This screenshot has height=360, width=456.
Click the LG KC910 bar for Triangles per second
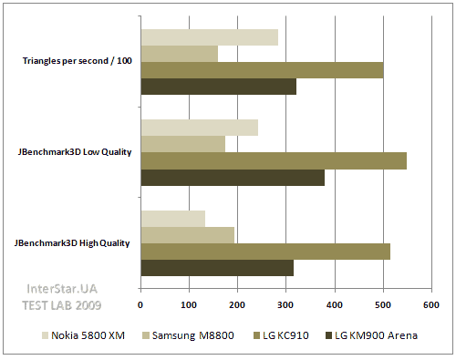click(262, 70)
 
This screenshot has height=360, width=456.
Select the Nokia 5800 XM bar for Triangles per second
click(209, 36)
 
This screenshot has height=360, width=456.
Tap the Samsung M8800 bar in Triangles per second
click(179, 54)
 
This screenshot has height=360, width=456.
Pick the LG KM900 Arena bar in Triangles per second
click(218, 87)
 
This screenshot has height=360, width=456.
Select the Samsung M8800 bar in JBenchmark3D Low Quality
click(182, 144)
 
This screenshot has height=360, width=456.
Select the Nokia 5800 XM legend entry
click(88, 335)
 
